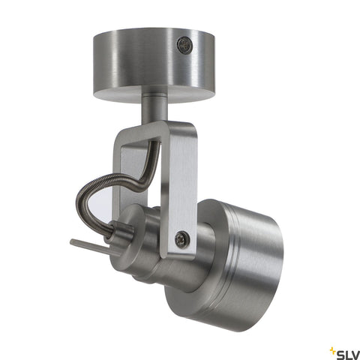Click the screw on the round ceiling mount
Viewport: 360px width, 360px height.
coord(185,44)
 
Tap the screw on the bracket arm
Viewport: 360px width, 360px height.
coord(181,238)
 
